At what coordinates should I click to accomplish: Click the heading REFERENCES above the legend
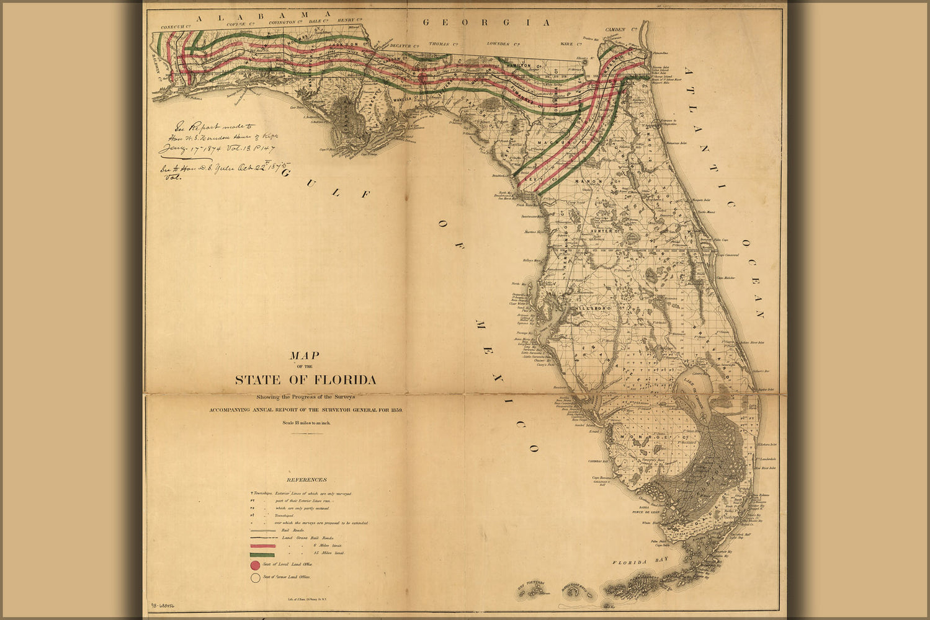click(306, 479)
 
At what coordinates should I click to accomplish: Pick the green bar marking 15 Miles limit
click(262, 554)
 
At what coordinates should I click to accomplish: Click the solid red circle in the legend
click(255, 565)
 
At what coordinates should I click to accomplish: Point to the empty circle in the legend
click(255, 578)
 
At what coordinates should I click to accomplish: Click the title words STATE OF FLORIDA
click(305, 380)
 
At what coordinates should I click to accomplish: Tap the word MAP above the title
click(304, 356)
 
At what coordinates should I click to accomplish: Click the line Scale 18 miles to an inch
click(306, 423)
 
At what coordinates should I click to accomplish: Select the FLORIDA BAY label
click(638, 562)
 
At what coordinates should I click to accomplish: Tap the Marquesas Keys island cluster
click(579, 588)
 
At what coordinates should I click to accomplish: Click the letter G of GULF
click(286, 174)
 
